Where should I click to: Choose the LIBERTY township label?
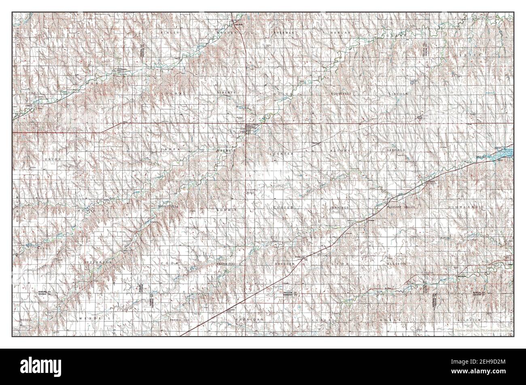tap(226, 92)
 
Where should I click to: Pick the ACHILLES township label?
tap(93, 211)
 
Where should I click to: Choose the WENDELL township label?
tap(93, 319)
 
